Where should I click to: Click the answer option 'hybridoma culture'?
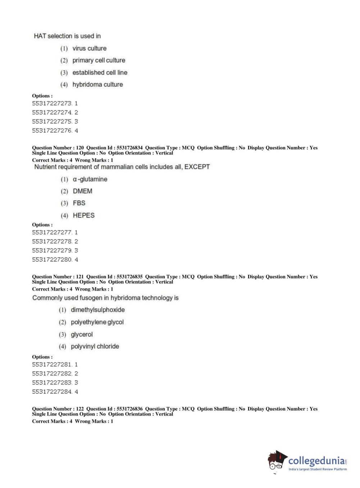tap(97, 85)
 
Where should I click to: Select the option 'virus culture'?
tap(89, 48)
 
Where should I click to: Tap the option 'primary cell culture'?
tap(99, 60)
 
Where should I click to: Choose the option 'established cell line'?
tap(100, 73)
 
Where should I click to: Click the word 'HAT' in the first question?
tap(40, 36)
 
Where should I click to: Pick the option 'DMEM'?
tap(82, 191)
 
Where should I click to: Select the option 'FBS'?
tap(79, 203)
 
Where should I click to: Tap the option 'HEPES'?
tap(83, 216)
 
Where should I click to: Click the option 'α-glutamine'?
tap(90, 179)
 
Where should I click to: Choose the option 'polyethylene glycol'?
tap(97, 322)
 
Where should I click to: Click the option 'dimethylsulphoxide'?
tap(97, 310)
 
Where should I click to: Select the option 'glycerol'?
tap(82, 334)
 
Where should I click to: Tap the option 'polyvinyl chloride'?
tap(95, 347)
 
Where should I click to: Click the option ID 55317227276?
tap(52, 131)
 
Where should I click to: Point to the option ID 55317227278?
tap(52, 241)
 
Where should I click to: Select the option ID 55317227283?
tap(52, 383)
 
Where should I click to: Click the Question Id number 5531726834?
tap(129, 148)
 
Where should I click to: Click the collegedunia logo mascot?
tap(277, 461)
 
